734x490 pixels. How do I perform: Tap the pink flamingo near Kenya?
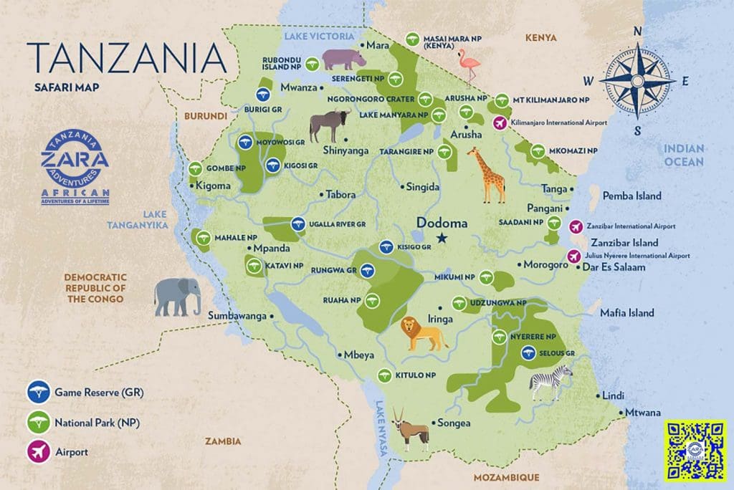pyautogui.click(x=471, y=67)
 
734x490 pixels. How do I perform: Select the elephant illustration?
pyautogui.click(x=177, y=297)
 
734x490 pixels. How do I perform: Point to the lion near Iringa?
pyautogui.click(x=421, y=334)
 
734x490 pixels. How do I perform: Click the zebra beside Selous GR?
pyautogui.click(x=551, y=382)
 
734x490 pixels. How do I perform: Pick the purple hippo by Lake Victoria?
pyautogui.click(x=333, y=59)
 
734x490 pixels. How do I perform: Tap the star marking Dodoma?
pyautogui.click(x=442, y=238)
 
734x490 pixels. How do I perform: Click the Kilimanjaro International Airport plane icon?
pyautogui.click(x=500, y=123)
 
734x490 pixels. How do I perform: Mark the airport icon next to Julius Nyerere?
pyautogui.click(x=573, y=256)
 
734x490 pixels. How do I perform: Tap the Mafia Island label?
pyautogui.click(x=628, y=313)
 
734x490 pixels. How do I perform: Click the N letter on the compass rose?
pyautogui.click(x=637, y=32)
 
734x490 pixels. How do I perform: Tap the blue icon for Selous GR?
pyautogui.click(x=528, y=352)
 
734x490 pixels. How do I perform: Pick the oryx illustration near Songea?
pyautogui.click(x=411, y=431)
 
